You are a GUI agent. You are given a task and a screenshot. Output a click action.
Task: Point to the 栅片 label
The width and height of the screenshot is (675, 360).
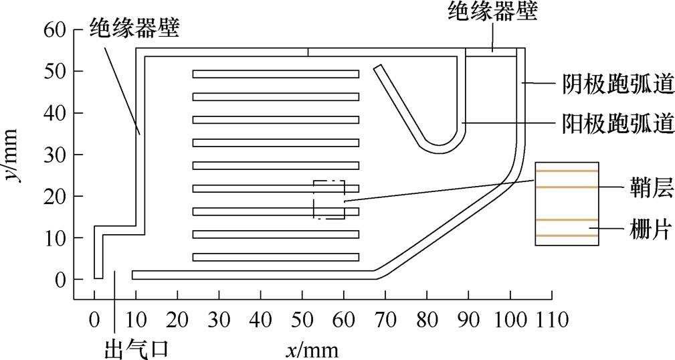pyautogui.click(x=646, y=232)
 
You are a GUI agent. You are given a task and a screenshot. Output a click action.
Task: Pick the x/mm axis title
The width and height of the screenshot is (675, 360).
pyautogui.click(x=314, y=348)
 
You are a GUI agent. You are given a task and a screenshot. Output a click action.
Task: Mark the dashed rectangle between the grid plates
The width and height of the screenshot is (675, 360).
pyautogui.click(x=329, y=199)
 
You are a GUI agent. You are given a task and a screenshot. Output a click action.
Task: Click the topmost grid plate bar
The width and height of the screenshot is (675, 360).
pyautogui.click(x=276, y=74)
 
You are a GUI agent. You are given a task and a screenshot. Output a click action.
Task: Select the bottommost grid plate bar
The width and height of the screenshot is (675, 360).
pyautogui.click(x=276, y=257)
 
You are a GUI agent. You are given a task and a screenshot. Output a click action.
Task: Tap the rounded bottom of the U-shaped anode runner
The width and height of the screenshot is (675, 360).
pyautogui.click(x=440, y=148)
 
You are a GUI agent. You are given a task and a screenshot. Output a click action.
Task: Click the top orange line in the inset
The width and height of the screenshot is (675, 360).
pyautogui.click(x=567, y=171)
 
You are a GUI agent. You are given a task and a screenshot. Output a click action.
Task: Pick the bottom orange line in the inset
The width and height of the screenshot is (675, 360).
pyautogui.click(x=567, y=236)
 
